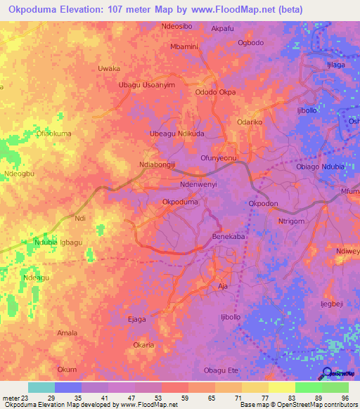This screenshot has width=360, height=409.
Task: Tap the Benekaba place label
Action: tap(229, 238)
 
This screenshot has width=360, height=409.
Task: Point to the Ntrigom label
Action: tap(290, 221)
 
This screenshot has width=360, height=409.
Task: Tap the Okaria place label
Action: tap(143, 345)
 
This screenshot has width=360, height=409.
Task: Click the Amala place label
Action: tap(67, 332)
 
